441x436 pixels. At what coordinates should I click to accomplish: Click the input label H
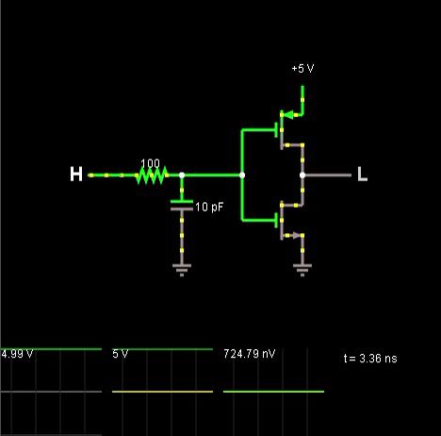[76, 175]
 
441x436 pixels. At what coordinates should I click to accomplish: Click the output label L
[362, 175]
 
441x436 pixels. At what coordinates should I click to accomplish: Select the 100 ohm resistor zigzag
[152, 176]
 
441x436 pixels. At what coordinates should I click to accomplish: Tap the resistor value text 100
[150, 163]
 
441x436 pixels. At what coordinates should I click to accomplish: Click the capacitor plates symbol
[182, 205]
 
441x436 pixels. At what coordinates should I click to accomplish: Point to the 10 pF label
[209, 207]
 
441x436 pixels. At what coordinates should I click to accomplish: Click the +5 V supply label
[302, 68]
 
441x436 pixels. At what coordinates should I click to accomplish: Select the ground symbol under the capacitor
[182, 270]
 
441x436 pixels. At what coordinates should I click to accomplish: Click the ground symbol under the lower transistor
[302, 270]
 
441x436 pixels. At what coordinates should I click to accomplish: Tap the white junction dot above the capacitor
[182, 176]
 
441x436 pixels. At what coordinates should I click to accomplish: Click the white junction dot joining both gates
[242, 176]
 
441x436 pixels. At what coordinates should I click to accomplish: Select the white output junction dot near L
[302, 176]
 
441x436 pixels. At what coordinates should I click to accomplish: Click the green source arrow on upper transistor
[288, 115]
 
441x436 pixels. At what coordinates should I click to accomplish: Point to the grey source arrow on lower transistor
[297, 235]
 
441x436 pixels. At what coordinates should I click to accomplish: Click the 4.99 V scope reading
[17, 354]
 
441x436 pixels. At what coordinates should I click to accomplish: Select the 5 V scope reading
[121, 354]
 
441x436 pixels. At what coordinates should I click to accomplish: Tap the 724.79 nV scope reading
[250, 354]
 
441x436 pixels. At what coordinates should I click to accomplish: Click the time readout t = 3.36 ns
[370, 359]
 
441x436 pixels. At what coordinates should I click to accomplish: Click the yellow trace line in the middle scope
[162, 392]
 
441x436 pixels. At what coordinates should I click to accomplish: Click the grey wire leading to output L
[328, 176]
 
